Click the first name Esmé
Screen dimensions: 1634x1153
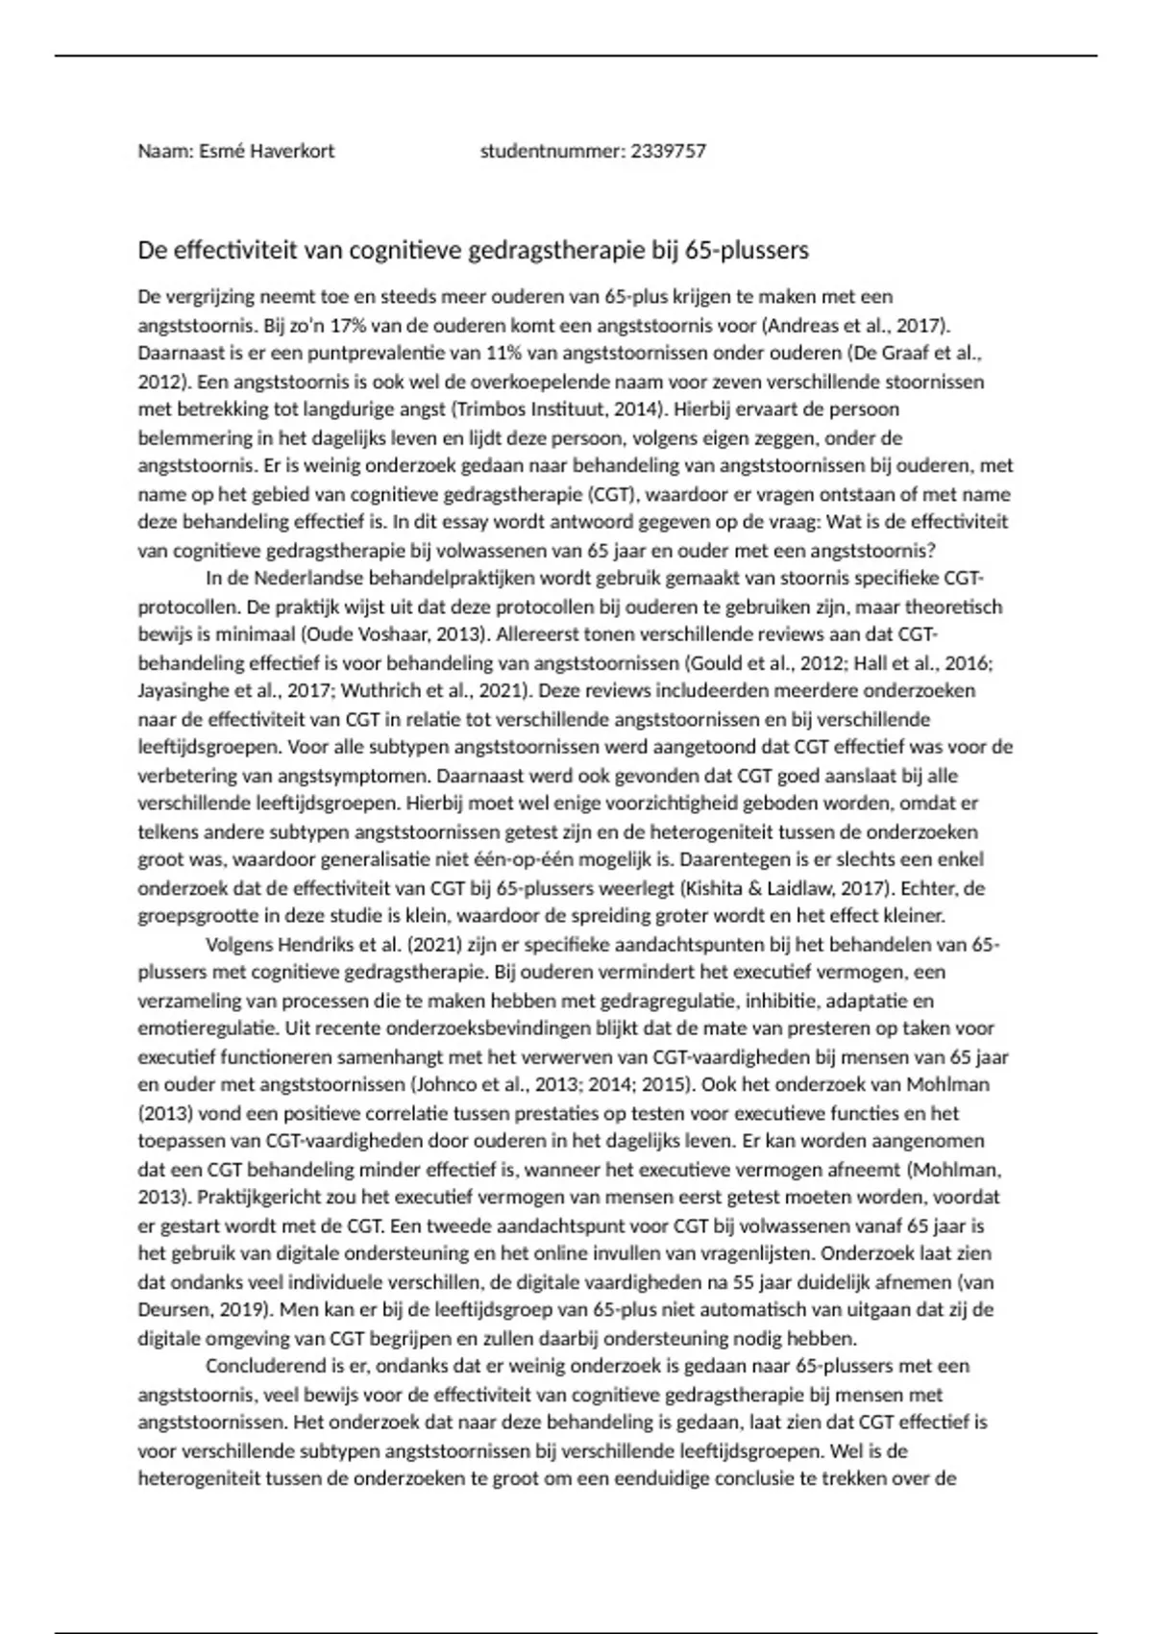tap(222, 151)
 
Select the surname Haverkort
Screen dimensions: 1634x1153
tap(292, 151)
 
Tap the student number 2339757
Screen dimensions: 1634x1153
tap(669, 151)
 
